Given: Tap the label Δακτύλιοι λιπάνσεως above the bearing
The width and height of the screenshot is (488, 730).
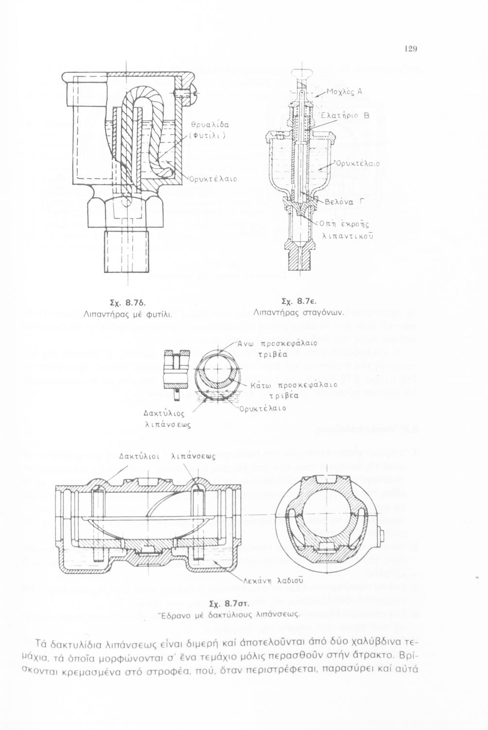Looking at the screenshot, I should pyautogui.click(x=167, y=457).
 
